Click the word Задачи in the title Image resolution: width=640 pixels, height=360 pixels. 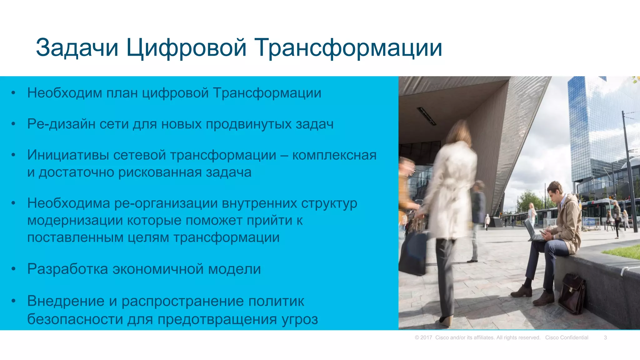point(77,47)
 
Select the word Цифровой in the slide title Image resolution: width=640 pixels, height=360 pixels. point(186,47)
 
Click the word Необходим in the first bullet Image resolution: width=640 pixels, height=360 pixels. point(65,93)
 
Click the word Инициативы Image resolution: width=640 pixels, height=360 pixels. point(69,155)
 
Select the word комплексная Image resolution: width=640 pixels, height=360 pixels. point(334,155)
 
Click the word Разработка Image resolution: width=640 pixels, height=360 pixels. point(67,269)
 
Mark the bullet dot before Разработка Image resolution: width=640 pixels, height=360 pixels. point(13,269)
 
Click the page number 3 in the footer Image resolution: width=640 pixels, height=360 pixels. point(605,337)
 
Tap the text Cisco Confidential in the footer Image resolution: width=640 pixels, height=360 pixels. point(567,337)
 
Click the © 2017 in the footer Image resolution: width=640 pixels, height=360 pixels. point(423,337)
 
